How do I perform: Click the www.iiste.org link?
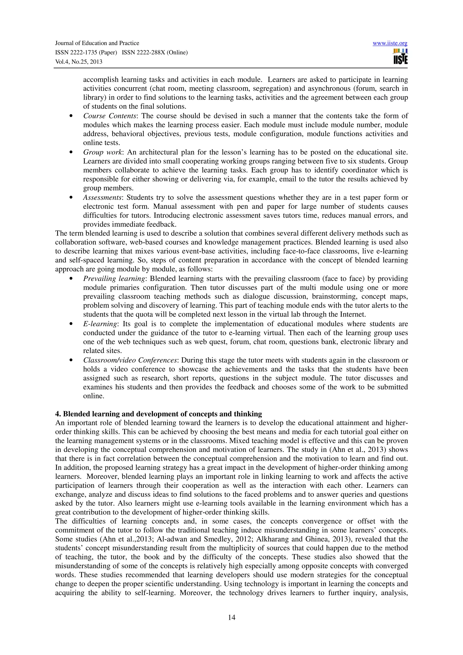click(390, 43)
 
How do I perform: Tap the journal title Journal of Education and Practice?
click(97, 43)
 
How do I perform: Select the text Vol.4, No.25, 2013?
click(78, 62)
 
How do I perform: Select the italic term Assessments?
click(102, 197)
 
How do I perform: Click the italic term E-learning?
click(100, 324)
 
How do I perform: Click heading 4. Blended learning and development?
click(158, 414)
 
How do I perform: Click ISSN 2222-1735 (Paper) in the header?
click(86, 52)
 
